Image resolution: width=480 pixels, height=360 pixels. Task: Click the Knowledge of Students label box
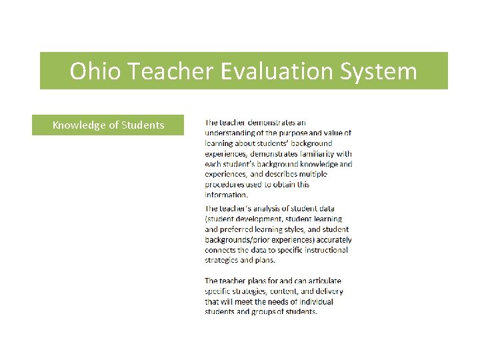pos(108,125)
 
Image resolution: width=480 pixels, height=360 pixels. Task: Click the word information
pos(226,195)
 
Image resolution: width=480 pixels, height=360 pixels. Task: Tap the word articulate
pos(319,281)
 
